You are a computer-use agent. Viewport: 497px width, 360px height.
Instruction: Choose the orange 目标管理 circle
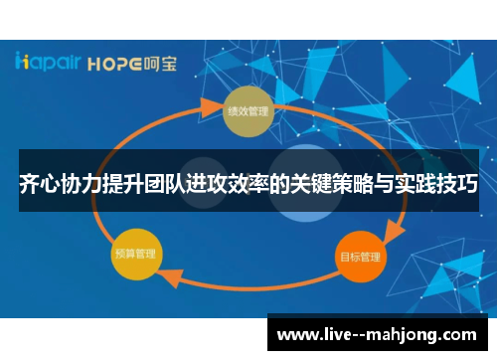click(x=357, y=257)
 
